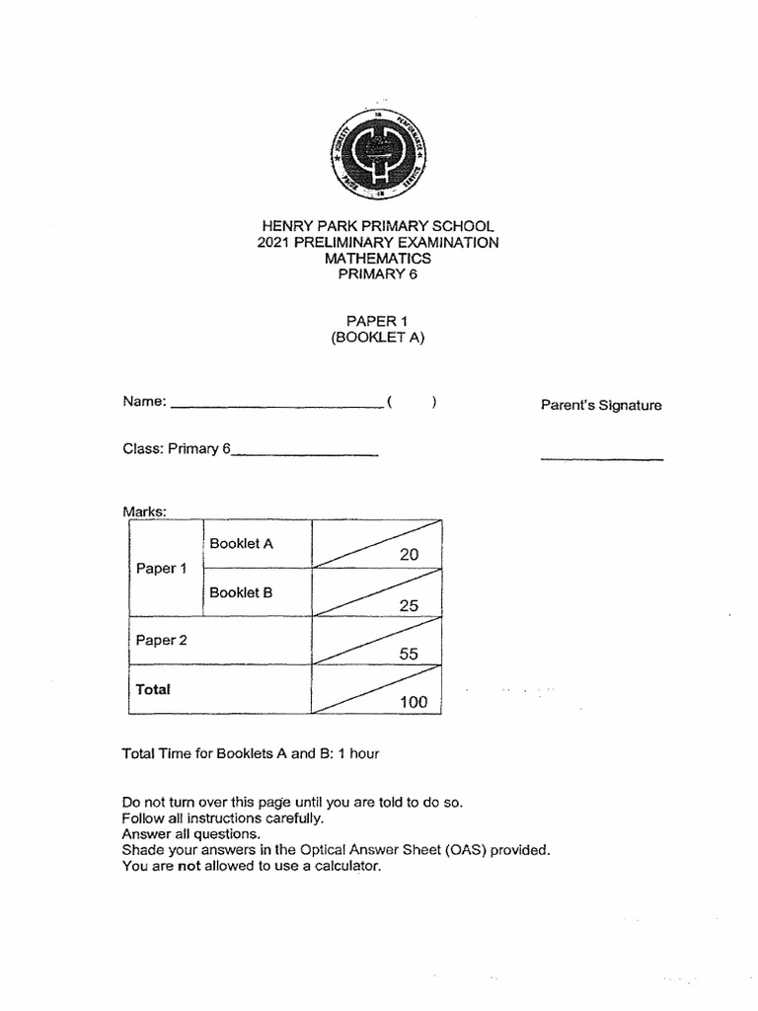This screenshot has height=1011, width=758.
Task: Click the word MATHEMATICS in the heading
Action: coord(378,259)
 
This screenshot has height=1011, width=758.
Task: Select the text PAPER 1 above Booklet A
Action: coord(378,321)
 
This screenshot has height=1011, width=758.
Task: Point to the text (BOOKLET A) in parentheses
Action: coord(378,338)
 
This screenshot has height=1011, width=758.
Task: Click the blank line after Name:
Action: coord(276,405)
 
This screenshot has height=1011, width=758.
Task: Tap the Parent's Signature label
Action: coord(601,405)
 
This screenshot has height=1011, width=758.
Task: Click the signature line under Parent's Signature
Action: coord(601,459)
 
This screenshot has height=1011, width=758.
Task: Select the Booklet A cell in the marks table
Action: coord(241,543)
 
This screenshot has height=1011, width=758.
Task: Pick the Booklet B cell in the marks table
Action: coord(241,592)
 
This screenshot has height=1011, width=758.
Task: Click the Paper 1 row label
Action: coord(161,569)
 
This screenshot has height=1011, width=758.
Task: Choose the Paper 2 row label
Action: coord(161,640)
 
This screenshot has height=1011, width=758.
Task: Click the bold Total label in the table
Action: coord(153,689)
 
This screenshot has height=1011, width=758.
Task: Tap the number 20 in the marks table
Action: coord(409,555)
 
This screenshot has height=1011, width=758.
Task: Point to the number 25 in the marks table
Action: coord(409,605)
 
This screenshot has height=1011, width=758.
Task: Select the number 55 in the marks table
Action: coord(409,654)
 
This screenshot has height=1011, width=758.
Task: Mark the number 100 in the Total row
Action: coord(414,702)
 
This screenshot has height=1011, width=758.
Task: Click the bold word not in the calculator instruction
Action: coord(189,866)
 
